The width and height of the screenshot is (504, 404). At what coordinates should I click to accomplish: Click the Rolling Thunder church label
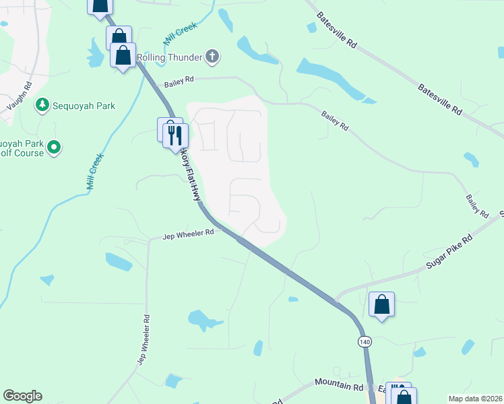168,57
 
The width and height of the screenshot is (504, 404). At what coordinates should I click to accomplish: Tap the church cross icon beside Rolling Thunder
212,57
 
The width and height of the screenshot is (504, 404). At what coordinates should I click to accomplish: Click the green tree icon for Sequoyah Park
42,105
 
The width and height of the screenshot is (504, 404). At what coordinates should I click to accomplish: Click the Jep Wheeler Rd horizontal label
189,235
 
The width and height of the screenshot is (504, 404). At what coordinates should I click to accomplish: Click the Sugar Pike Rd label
449,252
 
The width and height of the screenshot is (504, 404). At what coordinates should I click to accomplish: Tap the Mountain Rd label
339,385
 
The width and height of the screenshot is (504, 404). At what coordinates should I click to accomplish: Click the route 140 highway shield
365,341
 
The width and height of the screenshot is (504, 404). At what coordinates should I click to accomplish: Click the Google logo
22,396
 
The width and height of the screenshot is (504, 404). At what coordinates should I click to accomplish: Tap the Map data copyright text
476,399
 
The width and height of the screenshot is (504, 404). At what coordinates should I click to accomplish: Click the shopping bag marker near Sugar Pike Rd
382,304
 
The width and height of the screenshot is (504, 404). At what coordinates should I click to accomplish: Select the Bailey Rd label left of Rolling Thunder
179,81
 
